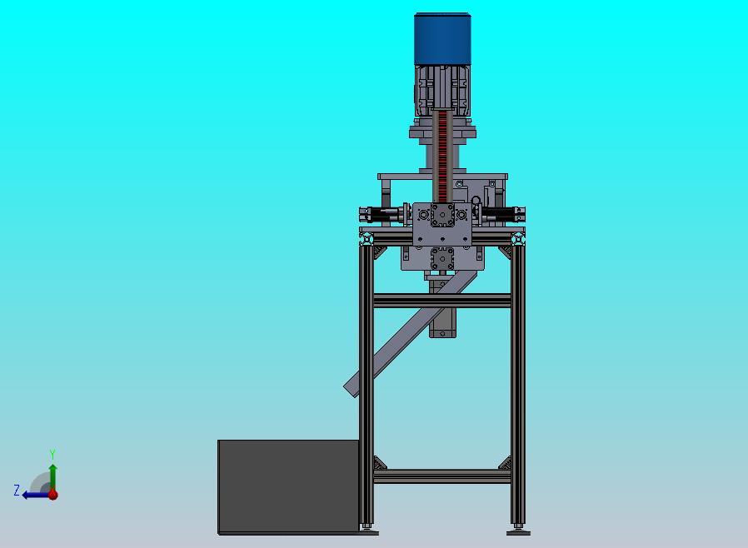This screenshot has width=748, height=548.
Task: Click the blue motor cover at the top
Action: [442, 38]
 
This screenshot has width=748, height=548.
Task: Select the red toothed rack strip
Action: [442, 157]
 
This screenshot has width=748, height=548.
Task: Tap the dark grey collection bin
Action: [288, 486]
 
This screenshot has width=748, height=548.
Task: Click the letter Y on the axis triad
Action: [52, 454]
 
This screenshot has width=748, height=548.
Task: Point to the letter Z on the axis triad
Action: [17, 491]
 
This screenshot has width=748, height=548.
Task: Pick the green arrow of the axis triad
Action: [53, 477]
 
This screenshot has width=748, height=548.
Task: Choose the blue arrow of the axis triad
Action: [37, 495]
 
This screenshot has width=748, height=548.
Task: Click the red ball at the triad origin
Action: [53, 495]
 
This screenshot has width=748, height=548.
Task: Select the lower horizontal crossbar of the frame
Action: [442, 476]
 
